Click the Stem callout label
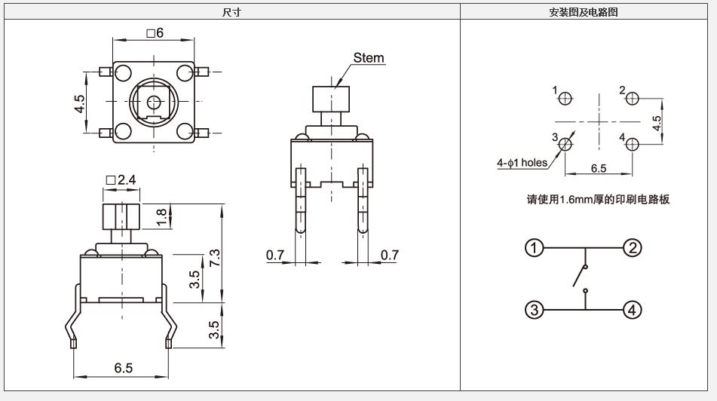(369, 58)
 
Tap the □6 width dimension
(155, 33)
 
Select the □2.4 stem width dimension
(121, 180)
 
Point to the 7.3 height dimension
(214, 259)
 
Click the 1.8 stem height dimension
(161, 217)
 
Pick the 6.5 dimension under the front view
(124, 368)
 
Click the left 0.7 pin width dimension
(275, 255)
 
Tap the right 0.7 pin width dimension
(390, 255)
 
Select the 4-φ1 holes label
(522, 163)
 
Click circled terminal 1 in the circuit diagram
(534, 248)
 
